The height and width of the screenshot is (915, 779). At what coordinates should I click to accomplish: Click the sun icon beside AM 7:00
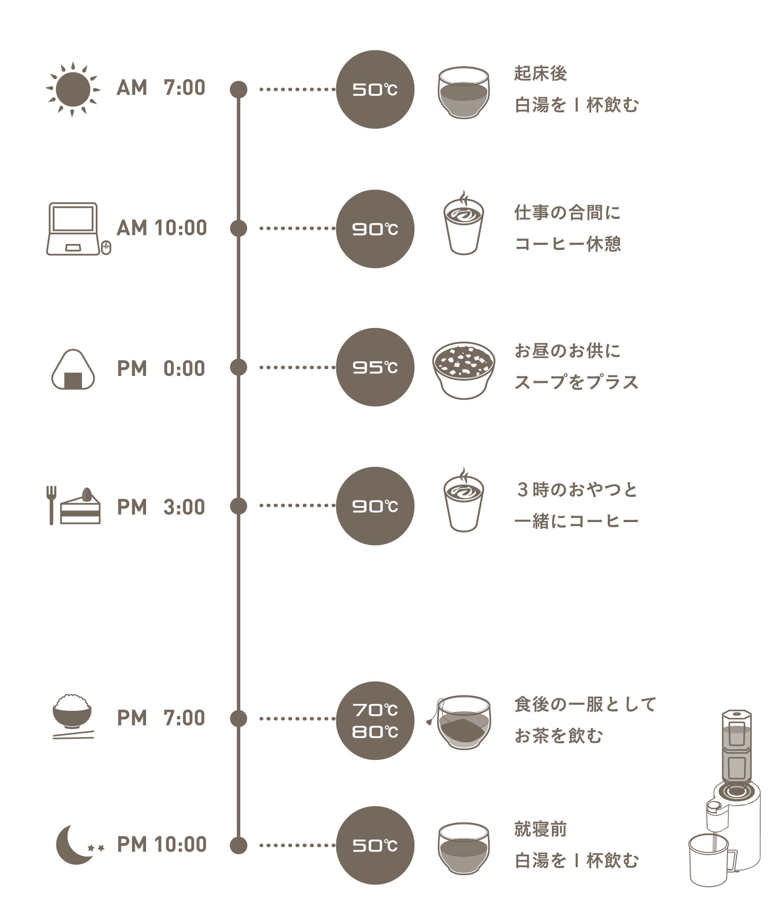pos(73,89)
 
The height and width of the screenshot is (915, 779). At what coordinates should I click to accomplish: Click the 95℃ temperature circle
pos(375,367)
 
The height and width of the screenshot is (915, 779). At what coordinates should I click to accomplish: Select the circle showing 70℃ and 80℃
pos(375,720)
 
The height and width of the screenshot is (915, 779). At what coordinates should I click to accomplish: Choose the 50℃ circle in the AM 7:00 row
pos(375,89)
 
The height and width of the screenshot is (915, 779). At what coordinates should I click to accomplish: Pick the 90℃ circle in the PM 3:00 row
pos(375,506)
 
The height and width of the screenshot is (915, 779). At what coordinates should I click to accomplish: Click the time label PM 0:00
pos(161,368)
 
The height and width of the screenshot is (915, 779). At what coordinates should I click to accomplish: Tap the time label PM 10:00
pos(161,844)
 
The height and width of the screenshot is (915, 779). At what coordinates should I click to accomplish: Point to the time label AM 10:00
pos(161,228)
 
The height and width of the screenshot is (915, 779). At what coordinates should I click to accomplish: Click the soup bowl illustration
pos(463,370)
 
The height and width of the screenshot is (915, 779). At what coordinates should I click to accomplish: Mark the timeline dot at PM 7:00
pos(238,719)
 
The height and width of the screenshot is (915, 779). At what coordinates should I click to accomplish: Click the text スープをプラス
pos(577,382)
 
